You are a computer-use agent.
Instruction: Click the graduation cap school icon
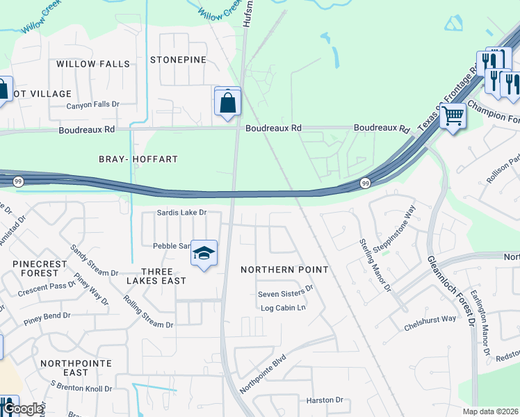204,254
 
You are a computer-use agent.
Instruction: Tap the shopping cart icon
453,115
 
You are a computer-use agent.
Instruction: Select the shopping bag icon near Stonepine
227,103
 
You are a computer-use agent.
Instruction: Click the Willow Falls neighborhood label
93,64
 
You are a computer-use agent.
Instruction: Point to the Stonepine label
179,60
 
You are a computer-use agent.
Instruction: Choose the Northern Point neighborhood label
284,269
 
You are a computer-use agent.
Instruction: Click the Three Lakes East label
156,276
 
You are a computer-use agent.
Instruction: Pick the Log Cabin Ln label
283,308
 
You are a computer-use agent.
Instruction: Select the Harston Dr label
325,400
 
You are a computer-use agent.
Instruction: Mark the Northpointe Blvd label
263,375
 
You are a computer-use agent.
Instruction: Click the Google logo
23,409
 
